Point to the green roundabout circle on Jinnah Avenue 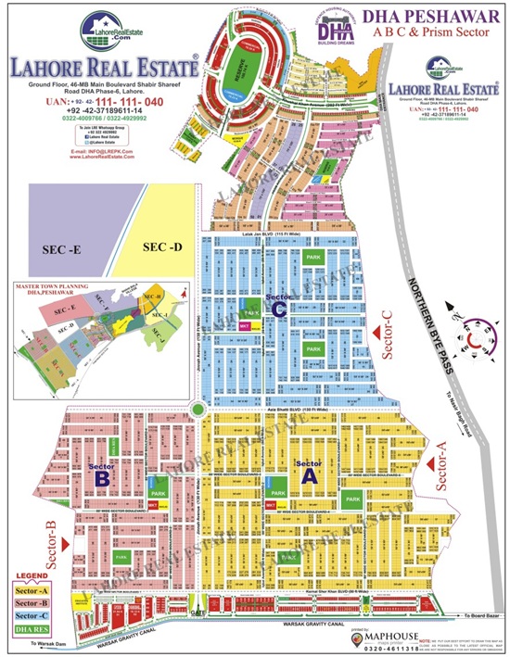tap(198, 410)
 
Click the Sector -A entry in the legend tap(32, 590)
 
